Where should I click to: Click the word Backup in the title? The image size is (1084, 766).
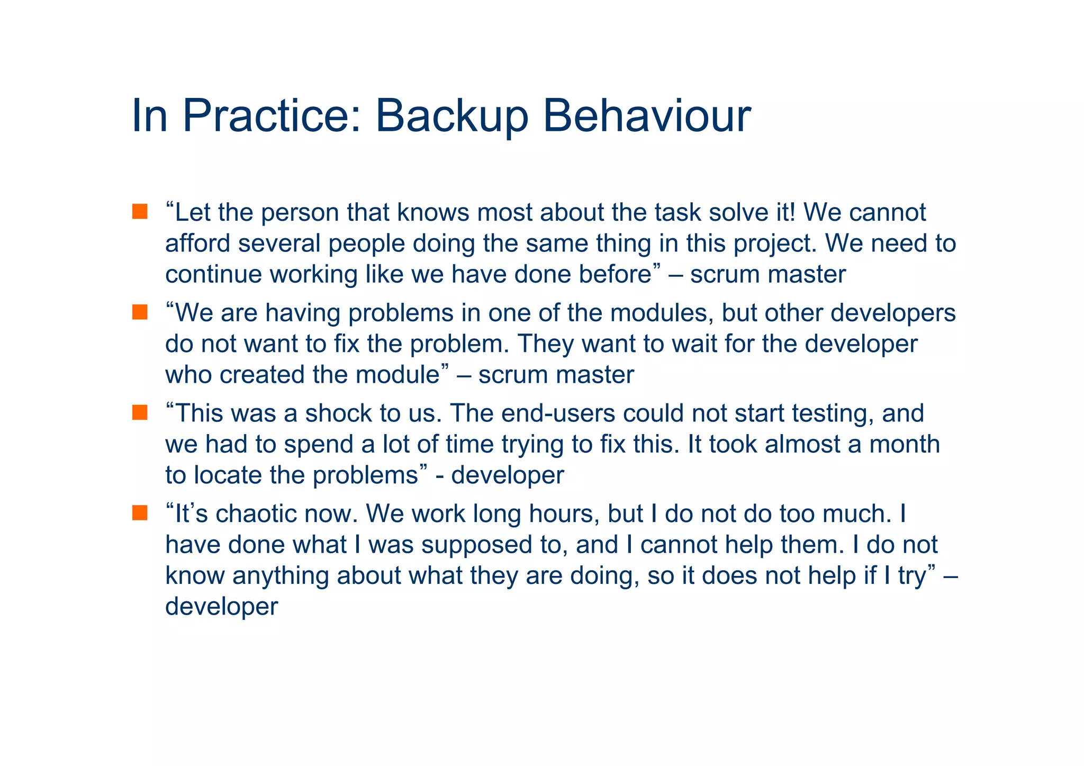[x=451, y=116]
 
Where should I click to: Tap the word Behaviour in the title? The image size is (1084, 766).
[x=646, y=116]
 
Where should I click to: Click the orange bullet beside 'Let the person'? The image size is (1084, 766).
[x=140, y=212]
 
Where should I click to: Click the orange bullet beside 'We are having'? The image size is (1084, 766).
[x=140, y=312]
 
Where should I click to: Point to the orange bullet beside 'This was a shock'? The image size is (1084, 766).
[x=140, y=413]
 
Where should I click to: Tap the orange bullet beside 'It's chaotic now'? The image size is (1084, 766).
[x=140, y=513]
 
